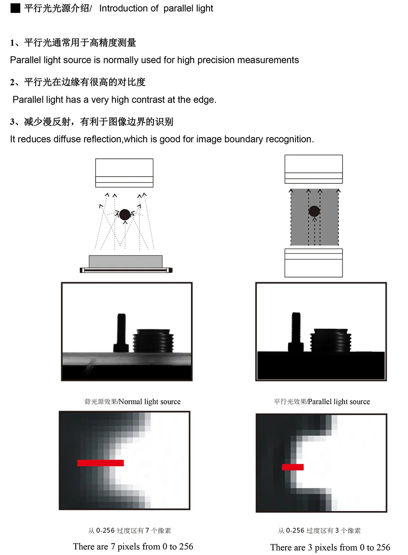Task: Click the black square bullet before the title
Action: (x=15, y=8)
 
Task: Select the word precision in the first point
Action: (x=216, y=60)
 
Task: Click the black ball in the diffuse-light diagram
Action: (x=125, y=215)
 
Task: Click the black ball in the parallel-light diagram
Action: (x=314, y=211)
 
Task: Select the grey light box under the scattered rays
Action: (x=125, y=261)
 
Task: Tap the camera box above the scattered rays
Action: (x=124, y=173)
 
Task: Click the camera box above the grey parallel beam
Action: (x=314, y=169)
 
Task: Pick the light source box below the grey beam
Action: (x=314, y=263)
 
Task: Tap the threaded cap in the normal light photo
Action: (x=153, y=340)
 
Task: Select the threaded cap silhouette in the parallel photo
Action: (x=331, y=340)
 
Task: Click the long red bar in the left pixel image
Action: (x=100, y=463)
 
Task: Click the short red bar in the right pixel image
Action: (x=293, y=467)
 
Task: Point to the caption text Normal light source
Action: (x=150, y=401)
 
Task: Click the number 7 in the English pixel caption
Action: (x=113, y=546)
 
